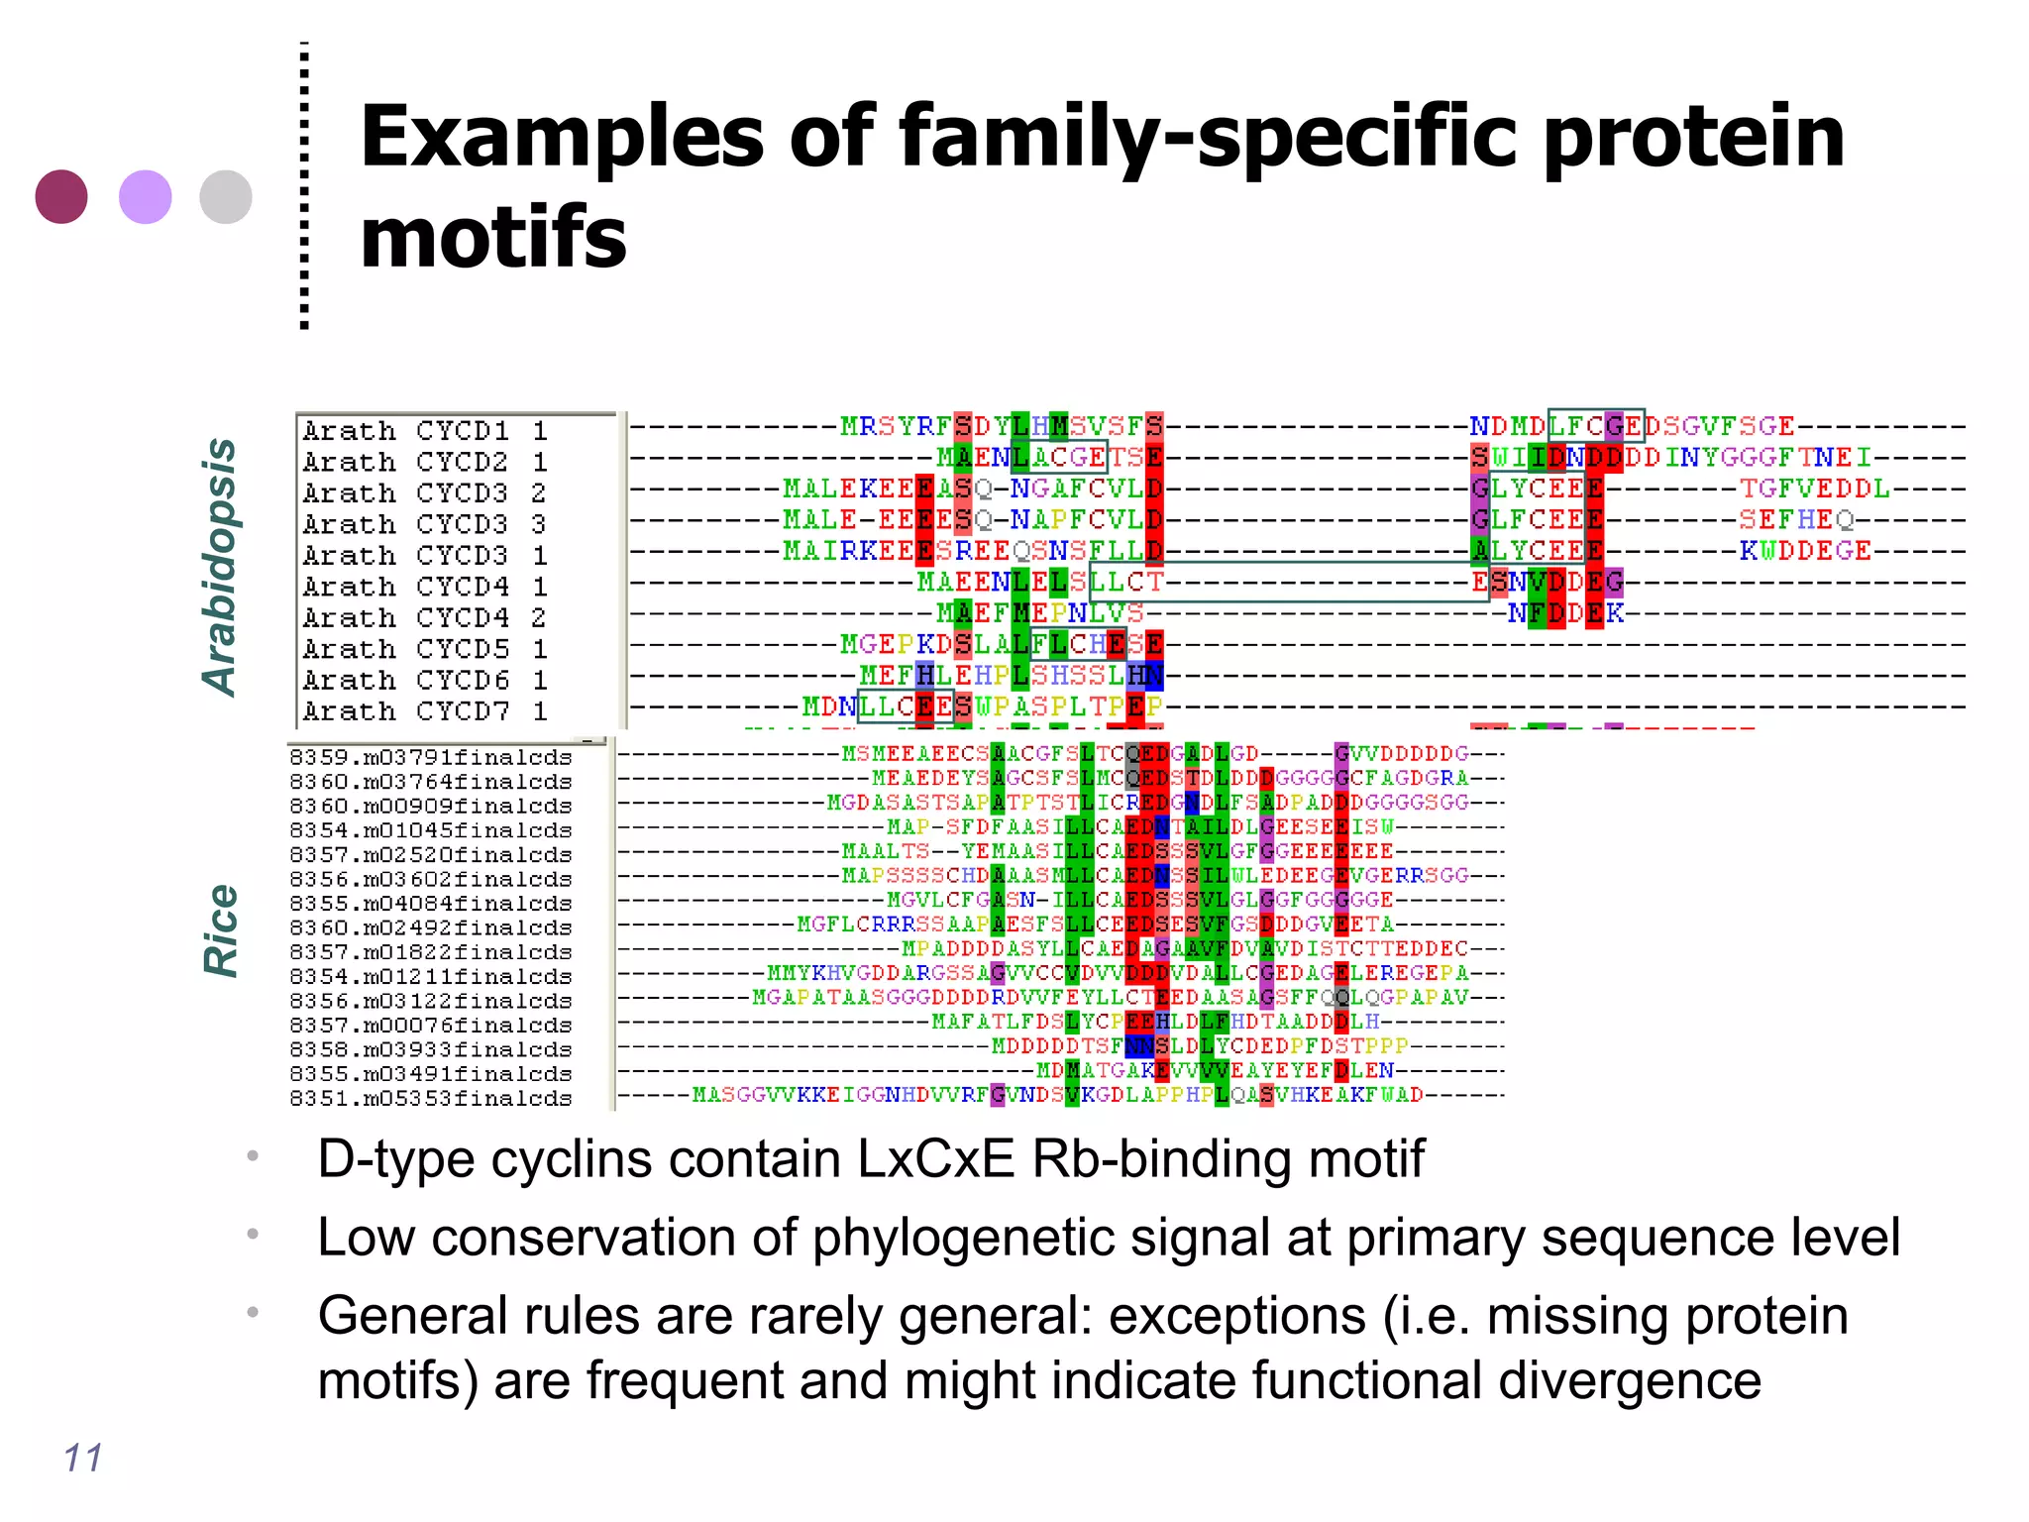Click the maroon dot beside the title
point(61,196)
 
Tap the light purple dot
point(146,196)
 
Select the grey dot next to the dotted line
point(226,196)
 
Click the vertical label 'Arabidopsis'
point(220,567)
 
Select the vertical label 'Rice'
point(220,930)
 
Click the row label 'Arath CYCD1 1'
point(425,431)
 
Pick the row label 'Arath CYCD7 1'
point(425,711)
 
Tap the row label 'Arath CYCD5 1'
point(425,649)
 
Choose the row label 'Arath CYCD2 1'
point(425,462)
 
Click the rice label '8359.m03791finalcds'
point(431,758)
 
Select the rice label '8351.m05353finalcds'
point(431,1098)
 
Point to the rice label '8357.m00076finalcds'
point(431,1026)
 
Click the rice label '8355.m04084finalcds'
point(431,904)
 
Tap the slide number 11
point(83,1458)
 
